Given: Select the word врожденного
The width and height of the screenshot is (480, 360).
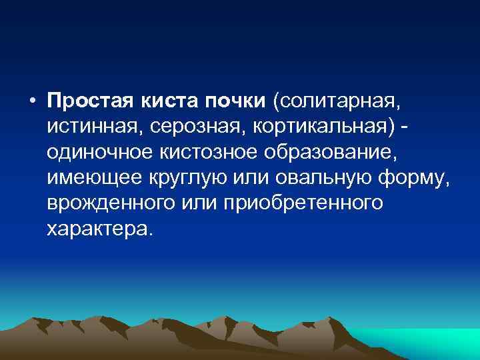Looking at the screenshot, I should coord(111,203).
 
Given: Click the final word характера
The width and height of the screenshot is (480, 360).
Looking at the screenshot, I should coord(99,228).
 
